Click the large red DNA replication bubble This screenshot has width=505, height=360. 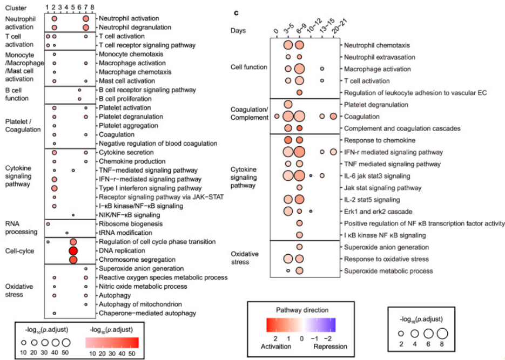coord(73,251)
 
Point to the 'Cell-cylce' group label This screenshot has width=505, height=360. coord(21,251)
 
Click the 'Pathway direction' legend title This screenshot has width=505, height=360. coord(301,310)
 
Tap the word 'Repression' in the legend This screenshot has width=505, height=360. coord(331,346)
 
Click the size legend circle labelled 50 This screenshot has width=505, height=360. coord(66,342)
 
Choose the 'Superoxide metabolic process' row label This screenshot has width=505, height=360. coord(388,271)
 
